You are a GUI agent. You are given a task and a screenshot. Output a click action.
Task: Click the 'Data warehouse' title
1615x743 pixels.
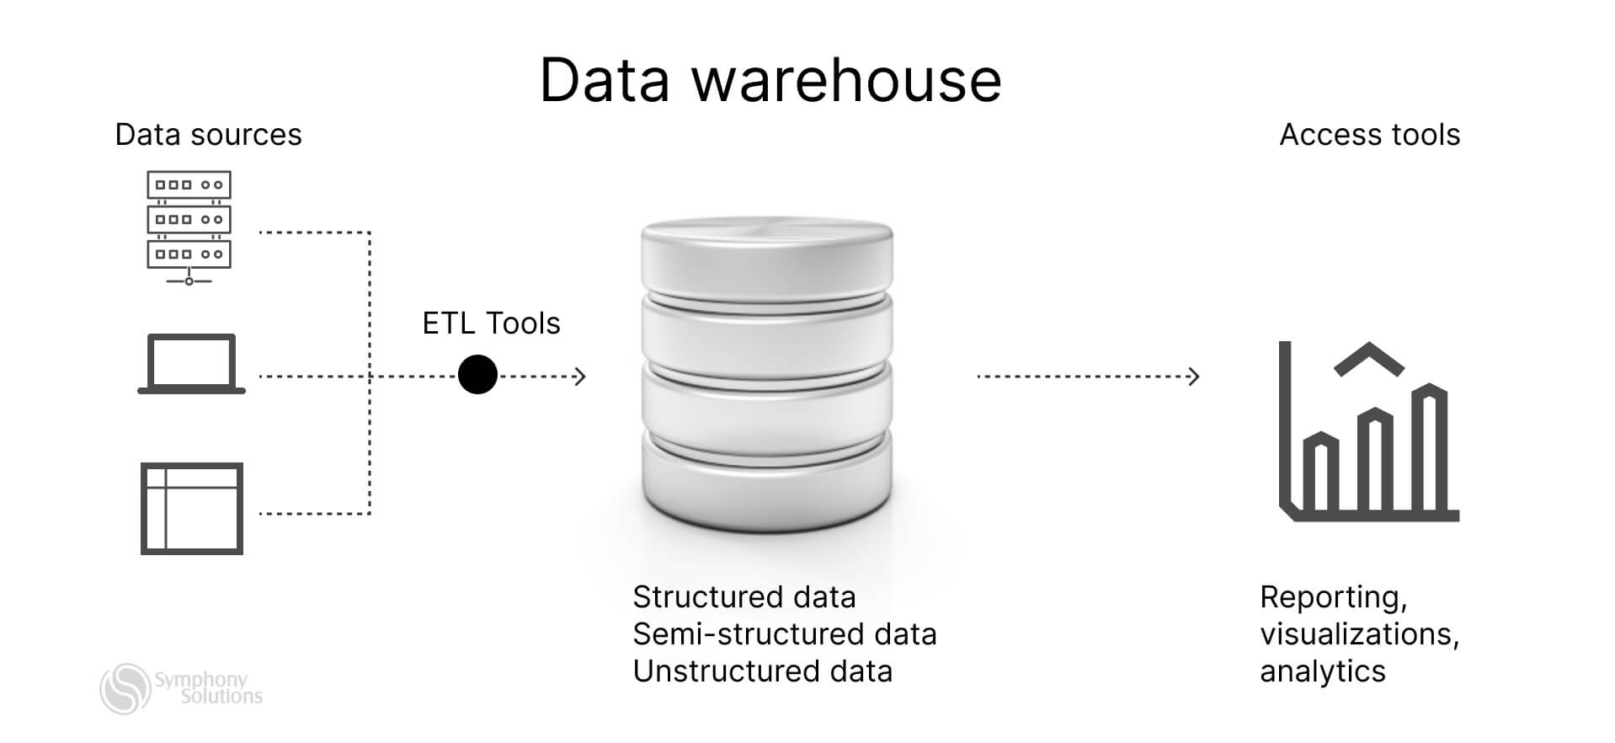point(770,81)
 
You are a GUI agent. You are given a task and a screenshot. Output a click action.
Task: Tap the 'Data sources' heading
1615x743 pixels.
point(208,135)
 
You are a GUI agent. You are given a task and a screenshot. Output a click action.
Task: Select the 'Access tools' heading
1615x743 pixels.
point(1369,135)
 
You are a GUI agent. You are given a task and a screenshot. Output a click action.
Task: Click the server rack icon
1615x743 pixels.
point(189,225)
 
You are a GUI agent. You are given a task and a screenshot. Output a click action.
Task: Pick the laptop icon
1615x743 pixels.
point(191,364)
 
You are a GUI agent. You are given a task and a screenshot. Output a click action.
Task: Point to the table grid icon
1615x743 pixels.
point(192,508)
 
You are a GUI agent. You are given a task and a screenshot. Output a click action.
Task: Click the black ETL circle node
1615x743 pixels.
point(477,375)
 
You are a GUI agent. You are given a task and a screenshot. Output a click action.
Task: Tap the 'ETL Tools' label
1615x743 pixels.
point(491,323)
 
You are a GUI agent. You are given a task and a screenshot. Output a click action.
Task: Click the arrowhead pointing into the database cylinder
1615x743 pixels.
point(579,376)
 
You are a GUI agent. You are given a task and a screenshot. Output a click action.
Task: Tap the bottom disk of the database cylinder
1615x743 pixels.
point(766,480)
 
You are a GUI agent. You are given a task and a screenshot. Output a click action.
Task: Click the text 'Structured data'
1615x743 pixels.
point(744,597)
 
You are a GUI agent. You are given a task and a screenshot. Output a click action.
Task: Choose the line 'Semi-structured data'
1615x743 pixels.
point(784,634)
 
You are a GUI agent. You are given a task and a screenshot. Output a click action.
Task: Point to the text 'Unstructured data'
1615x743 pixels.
point(762,671)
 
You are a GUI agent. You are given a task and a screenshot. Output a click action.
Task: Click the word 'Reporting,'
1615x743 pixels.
point(1333,597)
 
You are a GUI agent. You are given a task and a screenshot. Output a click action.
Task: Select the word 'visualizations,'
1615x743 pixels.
point(1359,634)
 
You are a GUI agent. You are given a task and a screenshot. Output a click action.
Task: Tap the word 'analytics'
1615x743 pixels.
point(1322,671)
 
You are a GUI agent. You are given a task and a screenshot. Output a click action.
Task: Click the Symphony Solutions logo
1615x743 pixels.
point(181,688)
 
